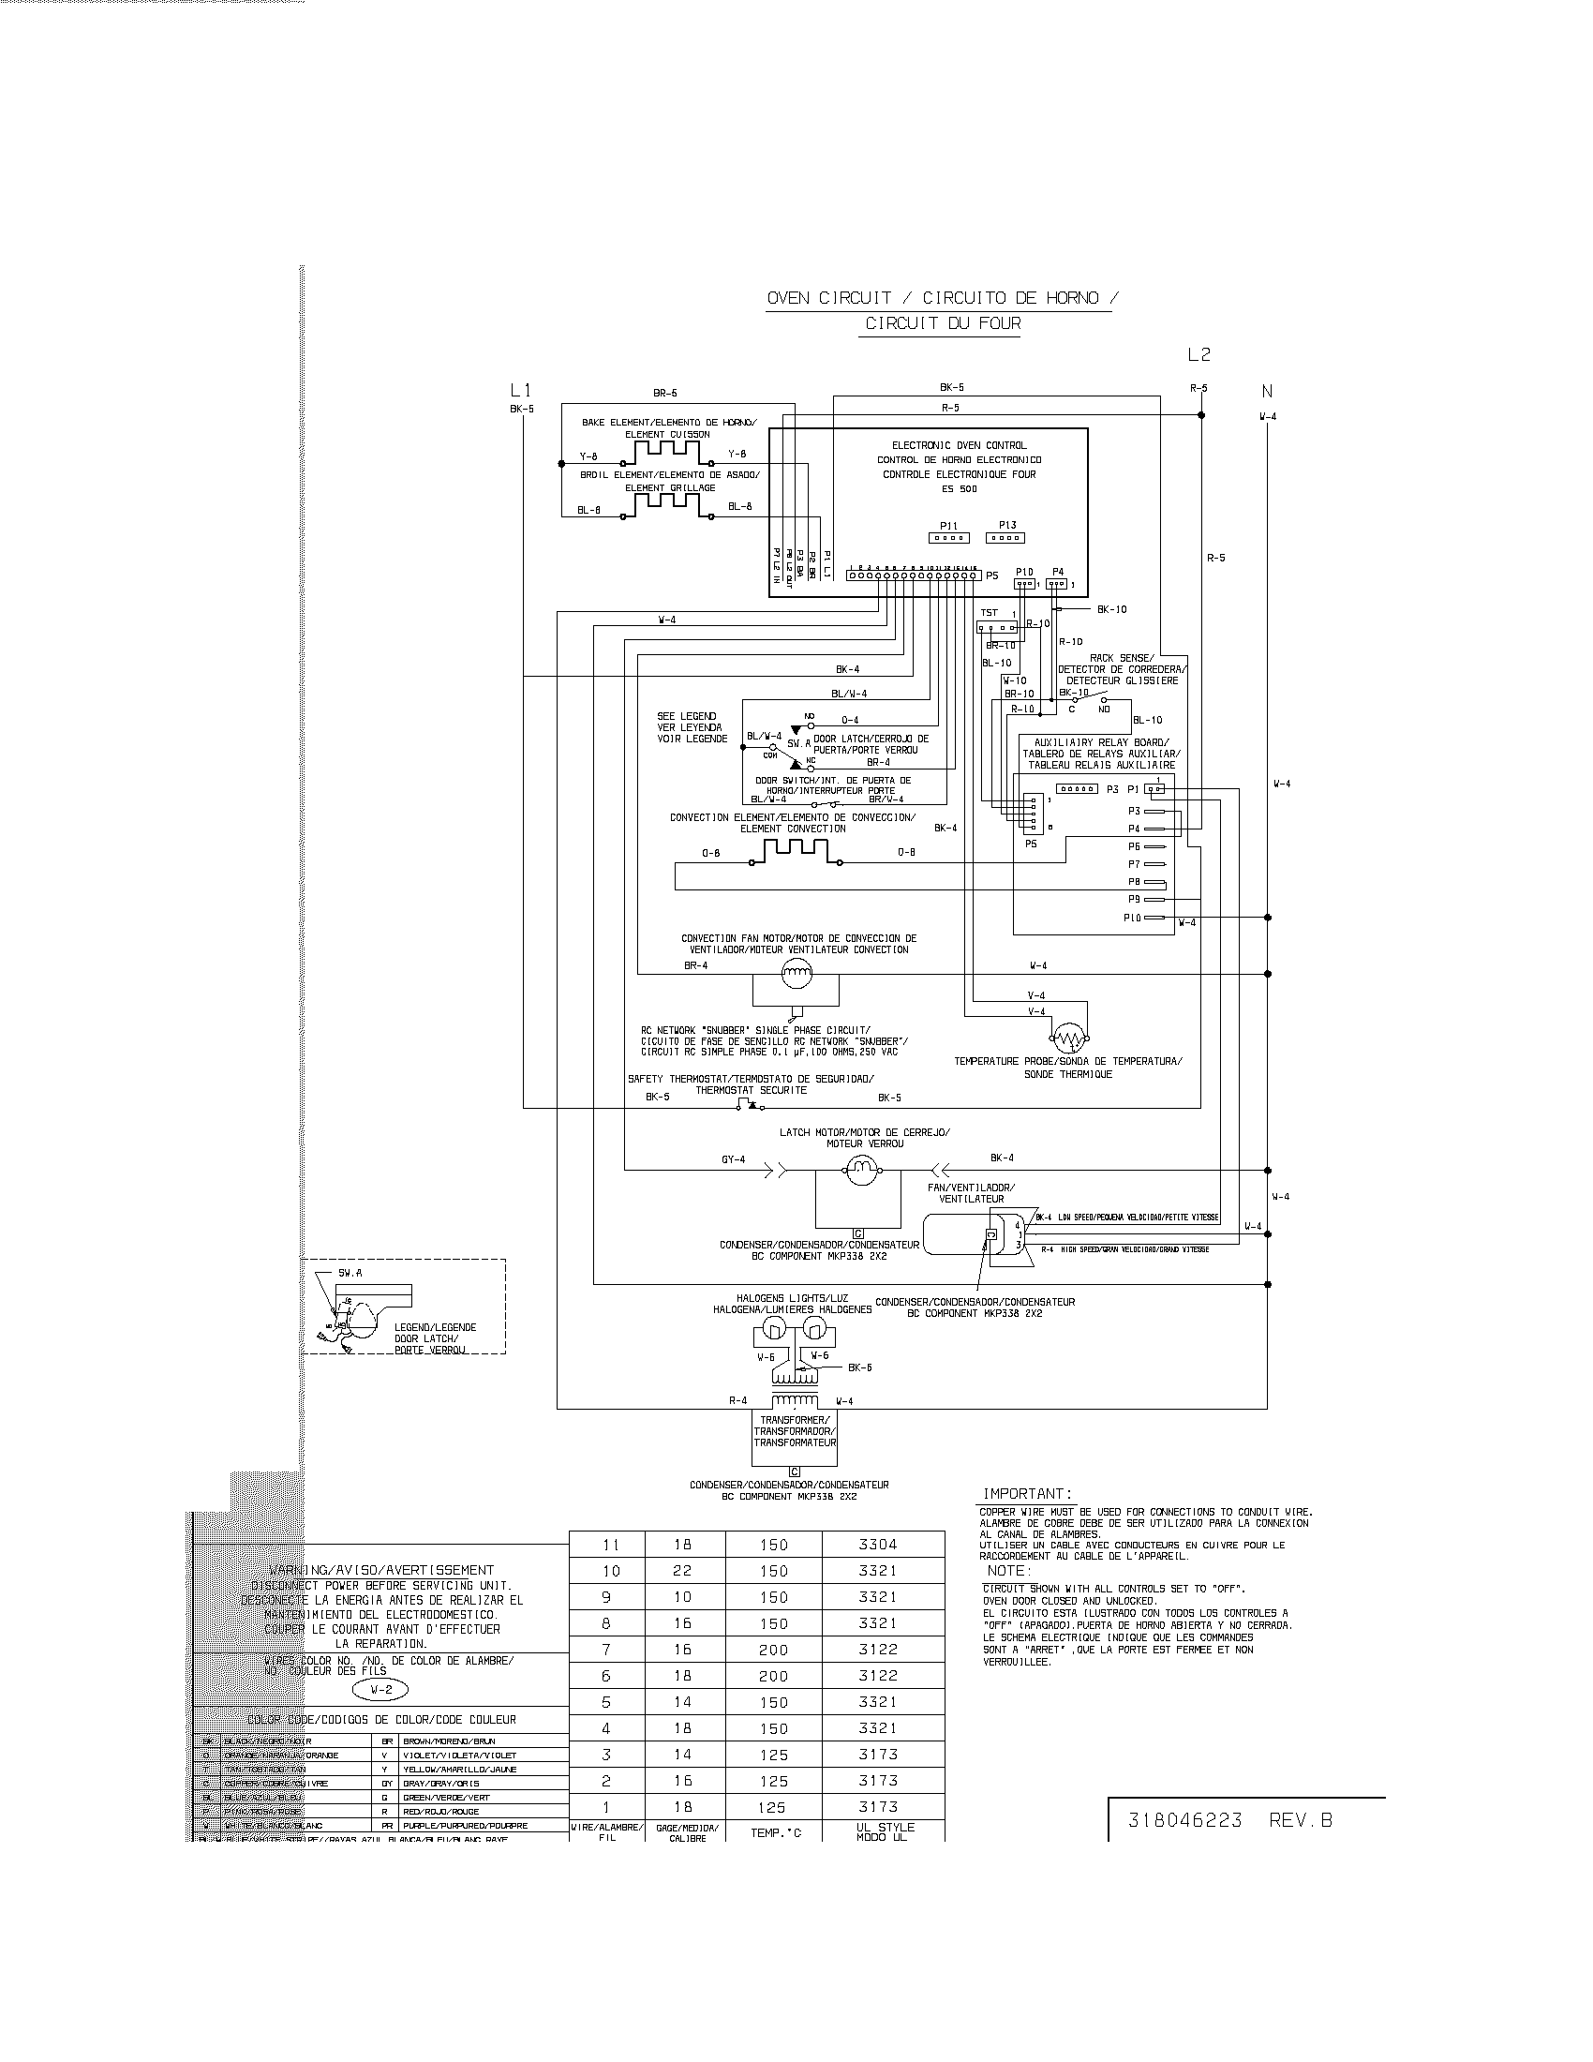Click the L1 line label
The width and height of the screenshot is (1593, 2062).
coord(520,390)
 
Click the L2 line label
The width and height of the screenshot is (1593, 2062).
coord(1198,355)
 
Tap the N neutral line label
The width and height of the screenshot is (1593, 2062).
coord(1268,391)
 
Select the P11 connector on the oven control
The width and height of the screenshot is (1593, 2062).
coord(948,537)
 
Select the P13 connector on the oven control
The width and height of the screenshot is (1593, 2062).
coord(1006,537)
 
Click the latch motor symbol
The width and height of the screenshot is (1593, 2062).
coord(860,1172)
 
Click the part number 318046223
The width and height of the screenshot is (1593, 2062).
coord(1185,1820)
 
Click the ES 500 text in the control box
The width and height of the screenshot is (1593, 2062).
coord(960,488)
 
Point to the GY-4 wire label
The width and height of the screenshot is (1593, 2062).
coord(734,1158)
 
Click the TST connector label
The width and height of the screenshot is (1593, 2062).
coord(989,613)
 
